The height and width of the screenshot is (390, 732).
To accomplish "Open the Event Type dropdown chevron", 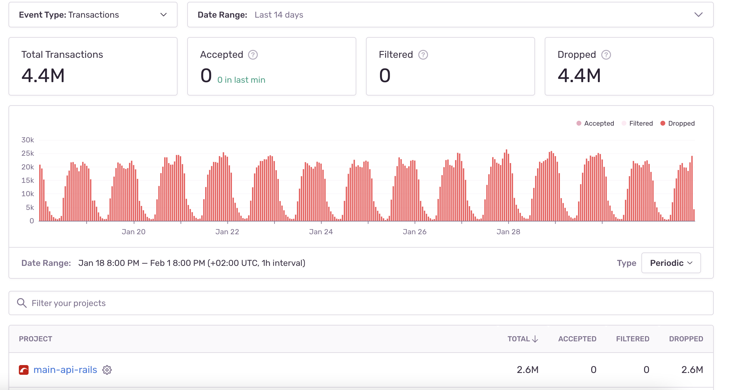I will [x=164, y=15].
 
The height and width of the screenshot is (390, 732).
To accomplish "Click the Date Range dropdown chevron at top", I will [x=698, y=15].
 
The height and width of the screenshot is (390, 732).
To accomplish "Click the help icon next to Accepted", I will [x=253, y=55].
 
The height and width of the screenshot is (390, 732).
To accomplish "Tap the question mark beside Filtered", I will [x=423, y=55].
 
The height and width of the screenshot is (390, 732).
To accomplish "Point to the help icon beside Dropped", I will [x=606, y=55].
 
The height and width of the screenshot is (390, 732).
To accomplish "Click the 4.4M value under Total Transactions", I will [x=43, y=75].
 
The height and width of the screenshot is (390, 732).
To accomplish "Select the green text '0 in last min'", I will [x=241, y=80].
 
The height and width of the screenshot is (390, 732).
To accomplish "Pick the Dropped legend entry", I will [x=678, y=124].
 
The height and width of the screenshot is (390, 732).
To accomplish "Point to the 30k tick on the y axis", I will [x=28, y=140].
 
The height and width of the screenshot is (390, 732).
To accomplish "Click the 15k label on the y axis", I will [x=28, y=180].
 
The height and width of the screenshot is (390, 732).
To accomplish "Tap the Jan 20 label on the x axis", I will [x=133, y=232].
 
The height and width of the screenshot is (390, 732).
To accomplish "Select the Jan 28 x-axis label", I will [x=508, y=232].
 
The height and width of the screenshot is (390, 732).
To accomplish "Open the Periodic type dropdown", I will [x=671, y=263].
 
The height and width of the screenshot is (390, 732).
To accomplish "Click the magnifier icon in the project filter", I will [x=22, y=303].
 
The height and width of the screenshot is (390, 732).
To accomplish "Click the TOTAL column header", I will [x=523, y=339].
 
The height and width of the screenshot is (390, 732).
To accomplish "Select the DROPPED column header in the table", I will [x=686, y=339].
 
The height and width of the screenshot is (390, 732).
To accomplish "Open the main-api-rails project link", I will [x=65, y=370].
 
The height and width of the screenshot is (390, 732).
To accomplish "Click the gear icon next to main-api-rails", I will [x=107, y=370].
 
